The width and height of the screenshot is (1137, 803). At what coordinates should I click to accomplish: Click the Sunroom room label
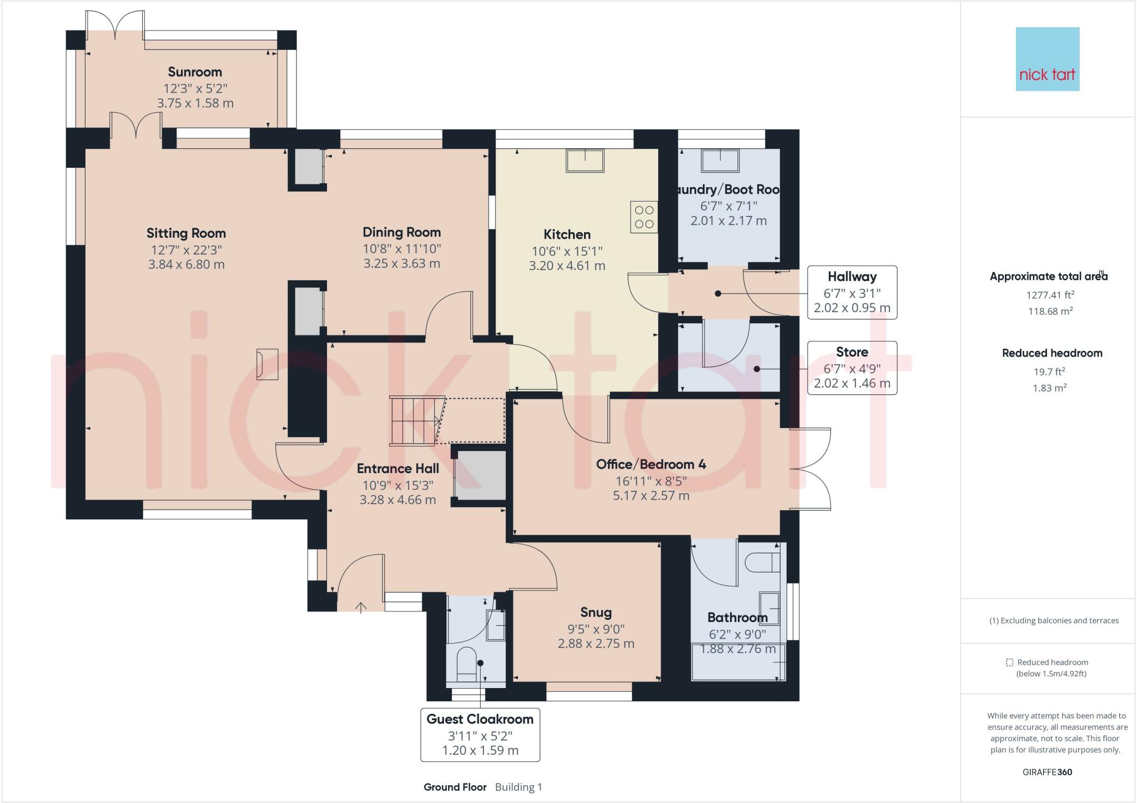coord(195,72)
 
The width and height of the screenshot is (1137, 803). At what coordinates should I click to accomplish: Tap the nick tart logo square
coord(1047,59)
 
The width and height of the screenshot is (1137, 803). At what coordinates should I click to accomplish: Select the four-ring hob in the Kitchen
coord(644,217)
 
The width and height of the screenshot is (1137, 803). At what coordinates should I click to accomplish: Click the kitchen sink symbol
coord(585,160)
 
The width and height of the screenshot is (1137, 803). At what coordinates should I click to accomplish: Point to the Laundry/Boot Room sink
coord(720,160)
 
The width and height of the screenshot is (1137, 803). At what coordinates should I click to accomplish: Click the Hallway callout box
coord(852,292)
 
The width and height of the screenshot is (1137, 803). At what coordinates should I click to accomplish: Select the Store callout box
coord(852,368)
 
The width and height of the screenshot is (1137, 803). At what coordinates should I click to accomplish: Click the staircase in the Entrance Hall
coord(415,420)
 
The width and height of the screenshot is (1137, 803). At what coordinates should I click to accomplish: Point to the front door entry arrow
coord(361,607)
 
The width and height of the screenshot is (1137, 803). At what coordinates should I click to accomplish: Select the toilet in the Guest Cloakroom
coord(466,664)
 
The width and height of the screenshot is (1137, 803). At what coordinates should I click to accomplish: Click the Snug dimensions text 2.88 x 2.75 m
coord(596,644)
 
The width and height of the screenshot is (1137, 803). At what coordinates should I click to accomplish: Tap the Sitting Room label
coord(186,233)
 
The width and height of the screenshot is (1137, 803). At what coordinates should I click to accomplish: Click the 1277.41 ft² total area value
coord(1050,295)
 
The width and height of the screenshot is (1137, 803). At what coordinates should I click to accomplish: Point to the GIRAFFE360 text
coord(1047,772)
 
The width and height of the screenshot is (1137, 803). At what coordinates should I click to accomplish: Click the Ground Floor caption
coord(455,787)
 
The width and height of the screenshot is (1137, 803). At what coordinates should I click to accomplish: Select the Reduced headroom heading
coord(1052,353)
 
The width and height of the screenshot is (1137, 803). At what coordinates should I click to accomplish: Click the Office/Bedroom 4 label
coord(651,464)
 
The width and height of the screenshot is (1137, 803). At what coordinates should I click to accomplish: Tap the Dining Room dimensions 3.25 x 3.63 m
coord(401,264)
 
